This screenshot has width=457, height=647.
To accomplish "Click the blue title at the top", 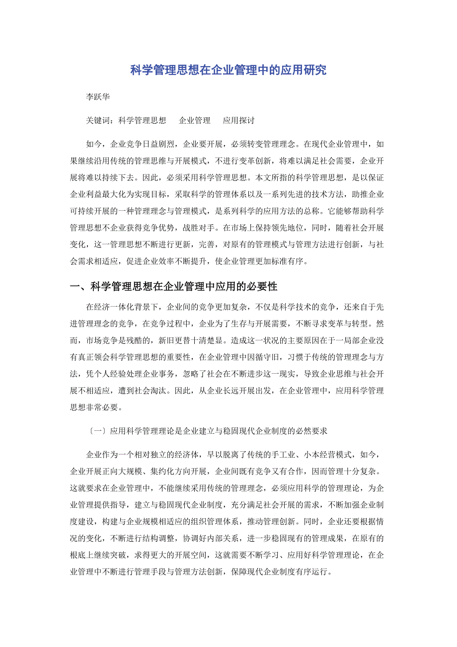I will [228, 70].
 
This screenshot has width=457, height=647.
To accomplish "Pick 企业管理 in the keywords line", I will [195, 121].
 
